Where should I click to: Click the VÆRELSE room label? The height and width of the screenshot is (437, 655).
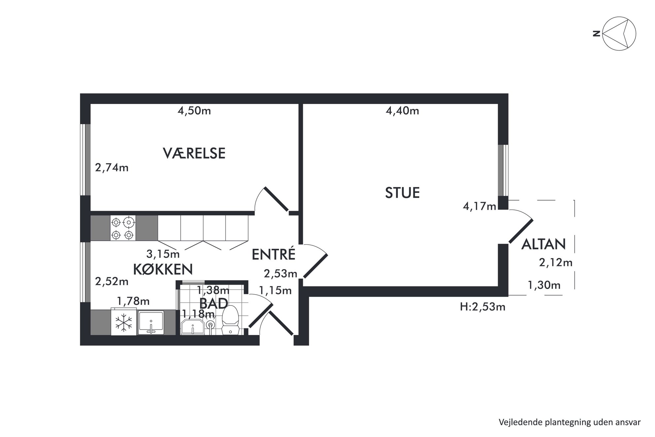194,154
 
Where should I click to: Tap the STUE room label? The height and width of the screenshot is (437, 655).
402,193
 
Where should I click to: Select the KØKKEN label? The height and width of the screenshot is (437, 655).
163,269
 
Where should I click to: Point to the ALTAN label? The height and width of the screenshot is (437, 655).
543,244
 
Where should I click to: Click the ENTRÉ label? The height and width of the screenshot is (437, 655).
273,254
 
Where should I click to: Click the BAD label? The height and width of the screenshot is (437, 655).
214,303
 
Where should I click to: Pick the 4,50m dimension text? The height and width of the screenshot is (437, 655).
194,111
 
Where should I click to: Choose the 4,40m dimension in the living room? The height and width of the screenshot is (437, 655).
402,111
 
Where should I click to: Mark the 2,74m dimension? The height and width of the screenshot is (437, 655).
112,168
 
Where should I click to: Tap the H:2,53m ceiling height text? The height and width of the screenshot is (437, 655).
483,307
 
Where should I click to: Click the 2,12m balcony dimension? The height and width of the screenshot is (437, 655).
556,263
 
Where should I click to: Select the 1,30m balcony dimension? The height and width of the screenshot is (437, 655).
544,285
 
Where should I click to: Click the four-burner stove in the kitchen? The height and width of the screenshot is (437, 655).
122,228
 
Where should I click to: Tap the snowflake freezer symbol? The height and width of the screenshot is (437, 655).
123,322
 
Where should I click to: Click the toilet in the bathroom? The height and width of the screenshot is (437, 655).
230,320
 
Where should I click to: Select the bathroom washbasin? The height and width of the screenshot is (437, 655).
193,327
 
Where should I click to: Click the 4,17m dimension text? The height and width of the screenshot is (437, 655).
479,207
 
